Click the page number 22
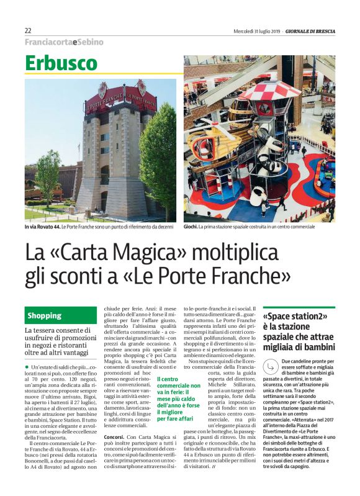[28, 30]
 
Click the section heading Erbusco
[61, 63]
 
